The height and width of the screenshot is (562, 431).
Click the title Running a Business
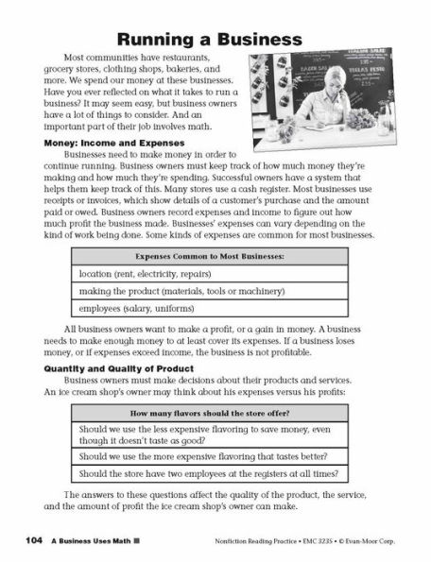215,39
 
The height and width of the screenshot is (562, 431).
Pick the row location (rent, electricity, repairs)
140,274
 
